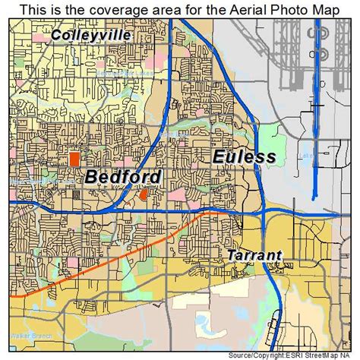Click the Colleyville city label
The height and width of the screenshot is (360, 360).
(91, 35)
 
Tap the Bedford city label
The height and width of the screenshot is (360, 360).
(123, 178)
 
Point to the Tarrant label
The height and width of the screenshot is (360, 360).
(254, 256)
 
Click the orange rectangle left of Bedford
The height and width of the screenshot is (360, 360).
(74, 159)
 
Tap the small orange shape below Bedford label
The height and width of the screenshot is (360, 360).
(143, 195)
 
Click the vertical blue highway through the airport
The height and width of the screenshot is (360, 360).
(317, 114)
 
